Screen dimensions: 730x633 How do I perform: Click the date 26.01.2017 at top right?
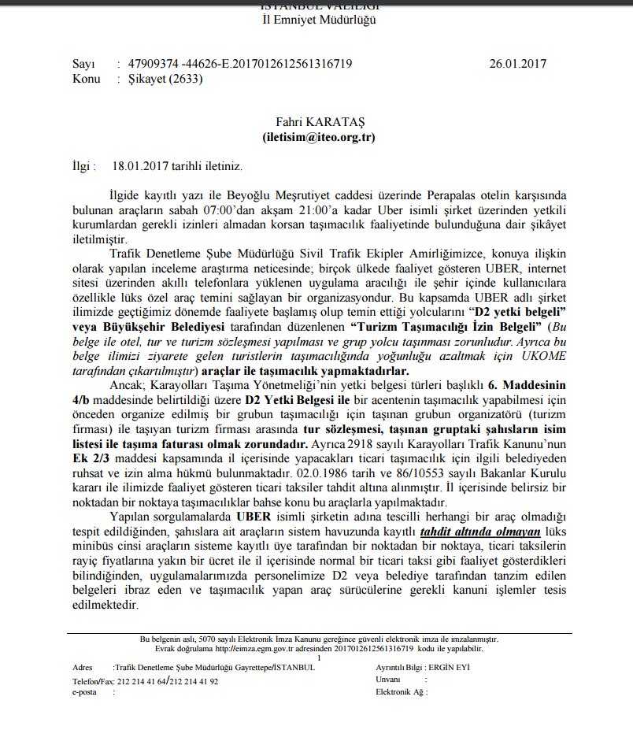517,64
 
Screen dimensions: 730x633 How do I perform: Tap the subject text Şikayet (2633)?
160,79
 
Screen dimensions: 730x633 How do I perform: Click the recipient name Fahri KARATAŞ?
319,122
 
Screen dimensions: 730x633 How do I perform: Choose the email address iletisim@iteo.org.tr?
319,136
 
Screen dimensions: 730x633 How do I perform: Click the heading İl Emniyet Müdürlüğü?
318,20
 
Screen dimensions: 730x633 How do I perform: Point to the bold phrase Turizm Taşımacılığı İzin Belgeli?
444,326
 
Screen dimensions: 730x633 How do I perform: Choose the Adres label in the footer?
82,667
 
